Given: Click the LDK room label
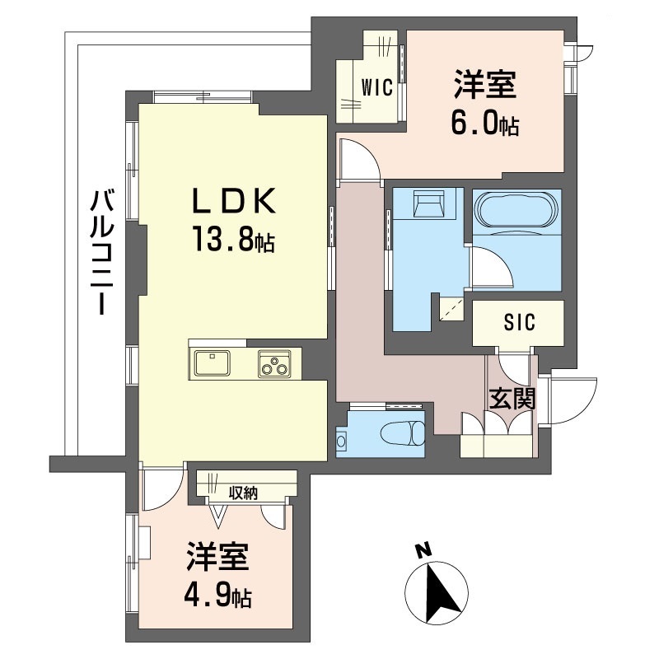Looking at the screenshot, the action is coord(234,200).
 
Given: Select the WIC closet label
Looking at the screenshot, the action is coord(377,88).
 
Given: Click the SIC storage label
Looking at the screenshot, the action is coord(520,323).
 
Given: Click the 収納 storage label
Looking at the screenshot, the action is coord(243,493).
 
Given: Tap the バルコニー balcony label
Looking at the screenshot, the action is coord(102,252).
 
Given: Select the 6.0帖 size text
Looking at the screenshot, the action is coord(484,124).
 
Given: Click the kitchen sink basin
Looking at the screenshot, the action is coord(212,362).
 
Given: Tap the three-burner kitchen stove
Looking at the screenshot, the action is coord(274,363).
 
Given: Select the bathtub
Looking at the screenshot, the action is coord(517,213).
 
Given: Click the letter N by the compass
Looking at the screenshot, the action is coord(423,550).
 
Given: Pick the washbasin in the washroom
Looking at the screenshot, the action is coord(428,203).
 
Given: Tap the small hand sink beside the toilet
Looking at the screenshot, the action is coord(341,441).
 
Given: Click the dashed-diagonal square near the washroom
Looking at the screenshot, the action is coord(451,310).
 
